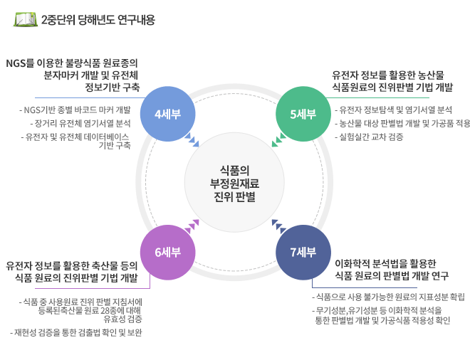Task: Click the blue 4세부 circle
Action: point(168,114)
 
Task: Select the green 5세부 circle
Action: point(303,114)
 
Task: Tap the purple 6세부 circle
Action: point(168,253)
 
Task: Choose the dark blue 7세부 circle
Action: point(303,253)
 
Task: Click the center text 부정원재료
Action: point(234,184)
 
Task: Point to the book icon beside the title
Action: point(26,19)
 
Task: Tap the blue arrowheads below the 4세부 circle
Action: point(192,140)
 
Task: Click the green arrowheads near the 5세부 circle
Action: point(278,140)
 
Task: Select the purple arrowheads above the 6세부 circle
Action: point(192,226)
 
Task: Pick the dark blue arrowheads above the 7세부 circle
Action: point(278,226)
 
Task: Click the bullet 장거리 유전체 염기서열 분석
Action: point(80,123)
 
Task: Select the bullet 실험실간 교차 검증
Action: point(369,137)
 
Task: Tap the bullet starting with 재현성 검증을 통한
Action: point(76,332)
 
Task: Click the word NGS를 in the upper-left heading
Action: point(20,63)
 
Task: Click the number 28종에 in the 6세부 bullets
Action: point(113,310)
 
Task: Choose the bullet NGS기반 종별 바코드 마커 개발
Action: point(75,110)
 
